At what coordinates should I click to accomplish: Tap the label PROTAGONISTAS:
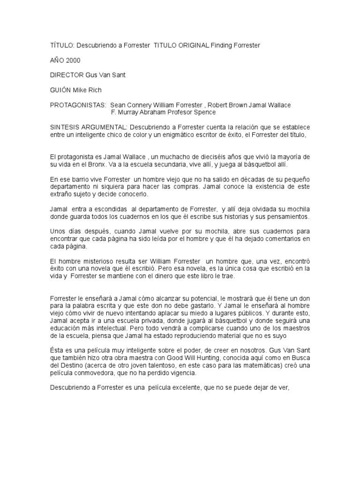point(78,105)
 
